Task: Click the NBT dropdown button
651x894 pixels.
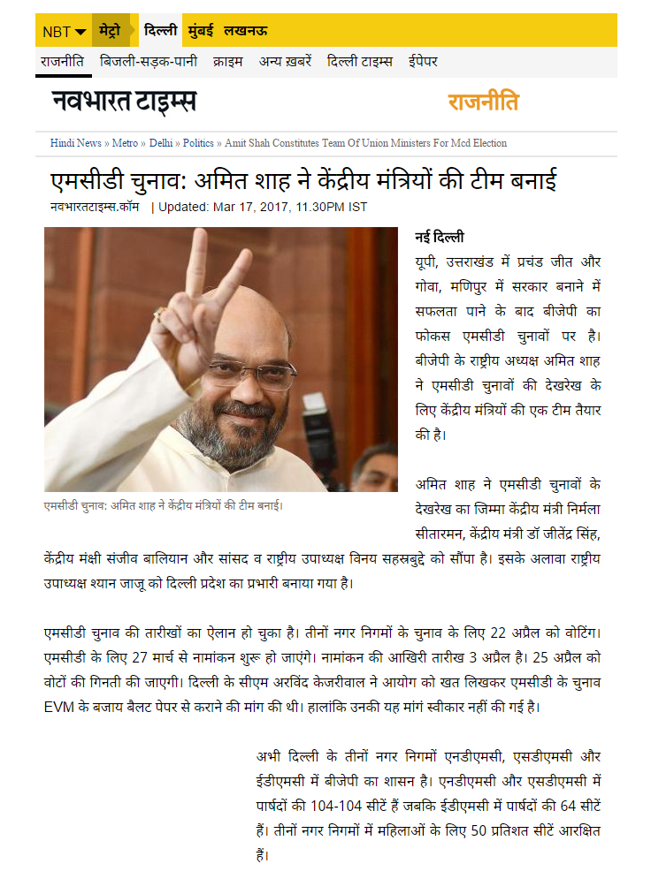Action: click(65, 32)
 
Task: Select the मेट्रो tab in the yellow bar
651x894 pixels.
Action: click(111, 31)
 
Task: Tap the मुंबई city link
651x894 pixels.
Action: click(201, 31)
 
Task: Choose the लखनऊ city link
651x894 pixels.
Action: click(246, 31)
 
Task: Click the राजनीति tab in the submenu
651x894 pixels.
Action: click(62, 62)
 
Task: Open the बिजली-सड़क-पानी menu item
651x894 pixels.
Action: click(148, 62)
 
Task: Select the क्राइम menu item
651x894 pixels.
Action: click(227, 62)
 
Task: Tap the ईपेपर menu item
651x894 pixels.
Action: click(423, 62)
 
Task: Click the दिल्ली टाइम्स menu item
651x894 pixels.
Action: click(360, 62)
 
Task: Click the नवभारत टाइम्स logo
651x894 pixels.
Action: click(123, 102)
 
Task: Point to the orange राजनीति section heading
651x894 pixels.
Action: click(483, 102)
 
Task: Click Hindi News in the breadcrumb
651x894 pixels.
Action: click(75, 143)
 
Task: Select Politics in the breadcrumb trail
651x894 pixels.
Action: click(198, 143)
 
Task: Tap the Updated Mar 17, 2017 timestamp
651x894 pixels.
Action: click(263, 208)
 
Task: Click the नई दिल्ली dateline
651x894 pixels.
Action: click(440, 238)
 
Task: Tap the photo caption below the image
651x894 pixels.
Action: click(164, 505)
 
